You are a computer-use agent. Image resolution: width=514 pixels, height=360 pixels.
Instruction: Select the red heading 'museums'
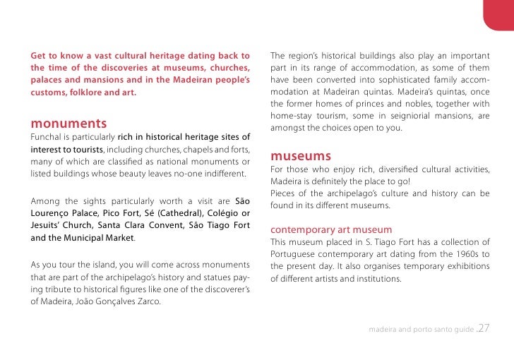pos(301,156)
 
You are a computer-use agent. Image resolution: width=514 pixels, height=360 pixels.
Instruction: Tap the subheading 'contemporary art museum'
pos(331,229)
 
